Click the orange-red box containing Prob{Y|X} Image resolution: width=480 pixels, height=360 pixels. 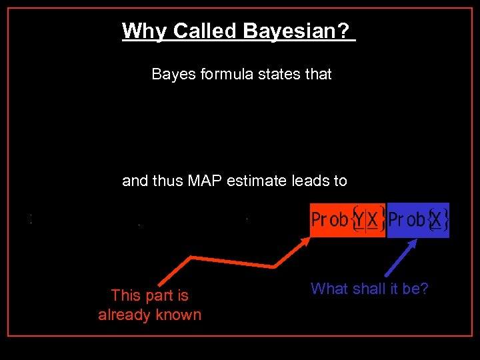tap(347, 219)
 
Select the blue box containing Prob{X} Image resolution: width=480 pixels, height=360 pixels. tap(418, 219)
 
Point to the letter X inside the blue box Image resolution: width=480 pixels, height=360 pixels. tap(437, 219)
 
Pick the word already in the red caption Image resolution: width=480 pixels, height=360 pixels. tap(124, 315)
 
